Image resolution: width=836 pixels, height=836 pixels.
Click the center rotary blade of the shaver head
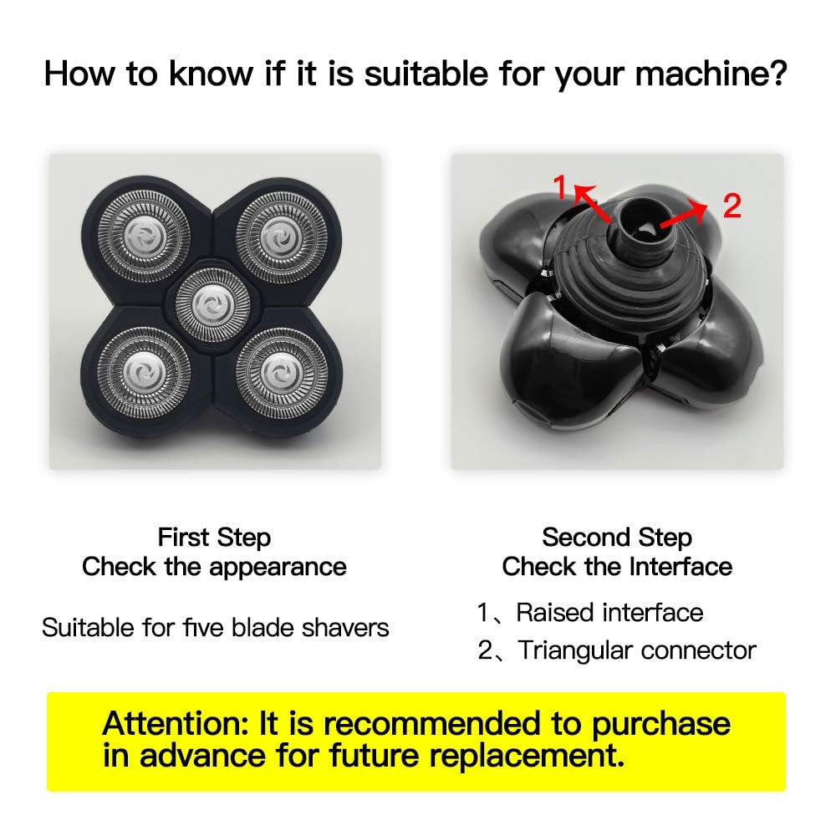(212, 305)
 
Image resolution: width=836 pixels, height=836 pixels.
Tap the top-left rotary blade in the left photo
(145, 235)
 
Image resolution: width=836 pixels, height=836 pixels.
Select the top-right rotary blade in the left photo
(281, 237)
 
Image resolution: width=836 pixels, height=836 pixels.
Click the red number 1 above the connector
(560, 186)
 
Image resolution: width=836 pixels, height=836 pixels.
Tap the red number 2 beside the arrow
(732, 206)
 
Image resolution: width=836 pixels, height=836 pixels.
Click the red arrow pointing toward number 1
(592, 202)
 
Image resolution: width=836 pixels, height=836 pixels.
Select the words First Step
(214, 538)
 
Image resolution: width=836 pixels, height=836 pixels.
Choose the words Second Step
(617, 537)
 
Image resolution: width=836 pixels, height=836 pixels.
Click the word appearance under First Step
(278, 568)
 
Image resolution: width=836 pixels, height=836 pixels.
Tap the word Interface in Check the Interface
(681, 566)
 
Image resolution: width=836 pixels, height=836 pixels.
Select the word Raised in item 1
(555, 613)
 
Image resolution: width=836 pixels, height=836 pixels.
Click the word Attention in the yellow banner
(176, 723)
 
